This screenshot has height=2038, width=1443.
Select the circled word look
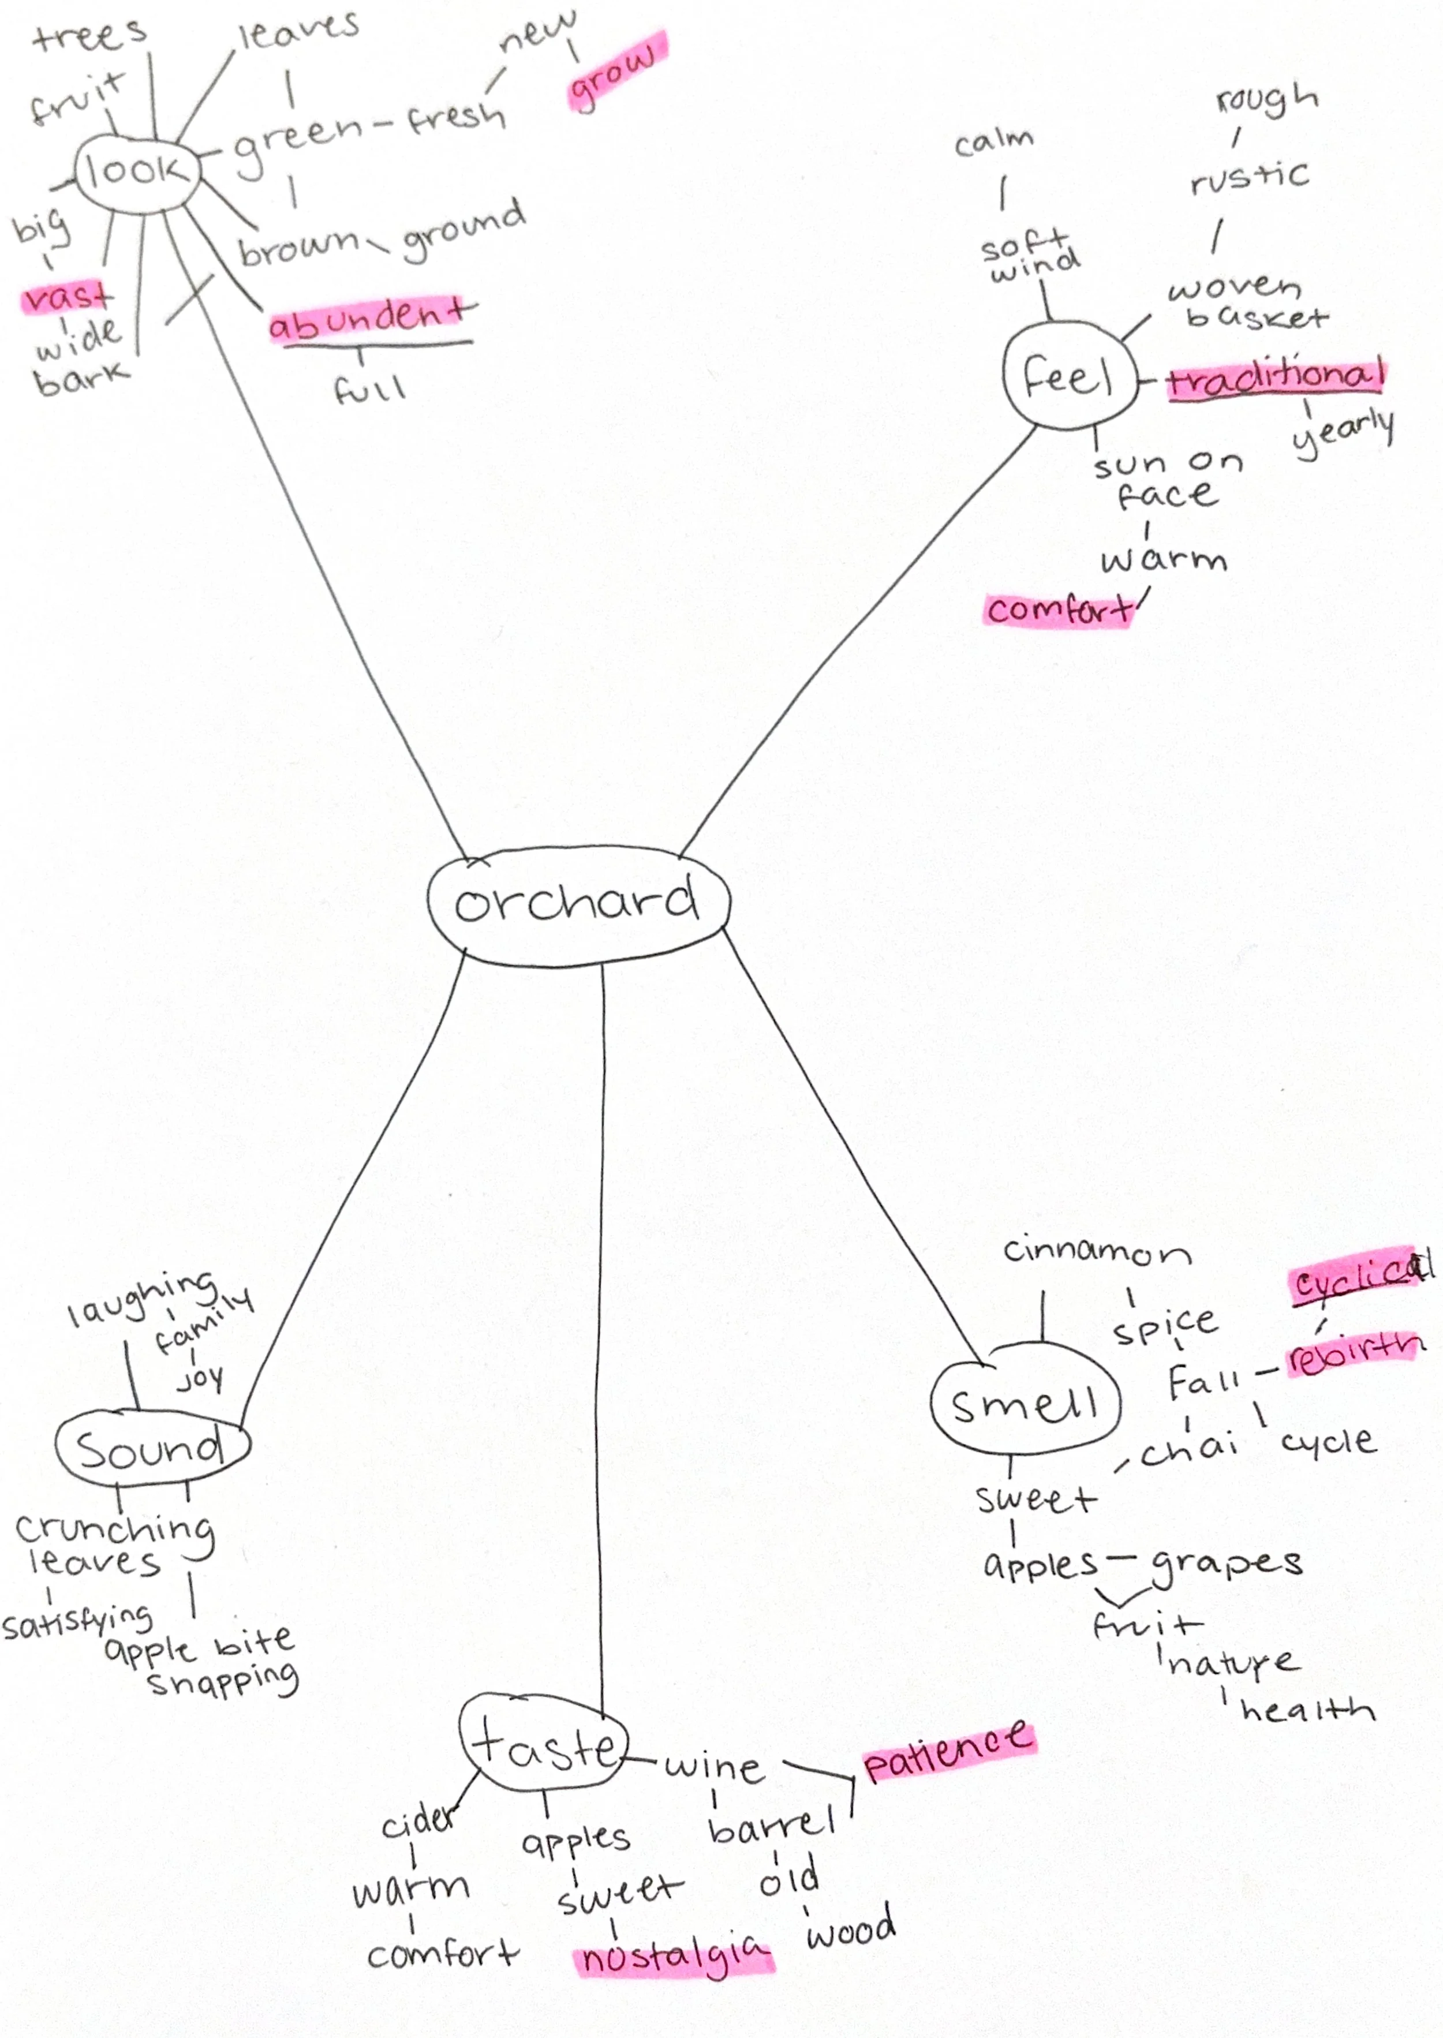[135, 171]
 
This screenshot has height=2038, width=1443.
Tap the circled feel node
[1069, 377]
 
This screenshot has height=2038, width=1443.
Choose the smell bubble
[1025, 1405]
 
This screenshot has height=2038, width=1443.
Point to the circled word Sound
[151, 1449]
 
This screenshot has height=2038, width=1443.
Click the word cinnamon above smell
[1097, 1252]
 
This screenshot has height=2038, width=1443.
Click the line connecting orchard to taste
[603, 1333]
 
